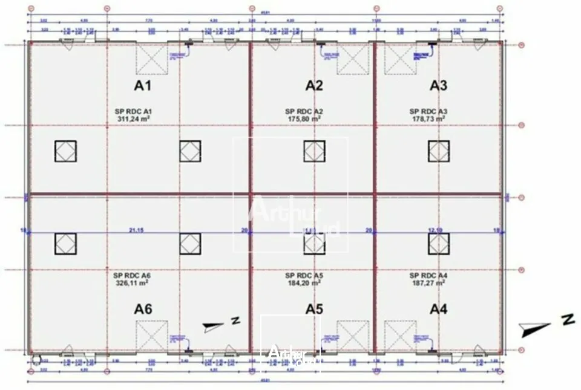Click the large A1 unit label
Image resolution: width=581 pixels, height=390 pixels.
click(142, 85)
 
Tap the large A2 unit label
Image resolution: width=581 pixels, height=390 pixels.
click(314, 85)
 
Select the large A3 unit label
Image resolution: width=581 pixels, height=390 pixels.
click(438, 85)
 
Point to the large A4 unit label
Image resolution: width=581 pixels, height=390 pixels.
click(438, 309)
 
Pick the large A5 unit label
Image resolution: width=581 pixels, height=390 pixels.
click(314, 309)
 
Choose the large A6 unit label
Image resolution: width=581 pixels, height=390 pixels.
click(143, 309)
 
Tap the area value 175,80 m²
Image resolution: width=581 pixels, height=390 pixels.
click(304, 119)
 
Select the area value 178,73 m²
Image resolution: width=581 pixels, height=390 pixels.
click(428, 119)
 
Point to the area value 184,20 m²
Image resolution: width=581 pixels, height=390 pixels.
click(304, 282)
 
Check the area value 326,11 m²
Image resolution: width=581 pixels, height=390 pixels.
click(133, 282)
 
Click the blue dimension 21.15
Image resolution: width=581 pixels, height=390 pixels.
click(138, 230)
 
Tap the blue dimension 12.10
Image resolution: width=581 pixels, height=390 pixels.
click(436, 230)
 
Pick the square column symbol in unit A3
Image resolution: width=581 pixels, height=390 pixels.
click(439, 151)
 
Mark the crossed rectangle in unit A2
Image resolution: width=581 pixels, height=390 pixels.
click(353, 59)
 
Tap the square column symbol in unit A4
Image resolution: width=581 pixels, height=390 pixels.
click(439, 243)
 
